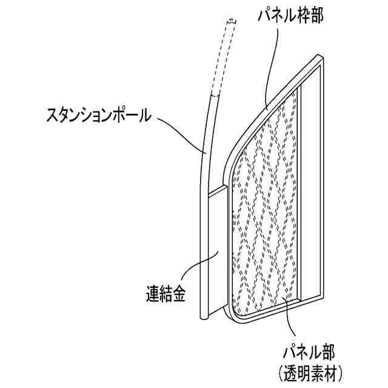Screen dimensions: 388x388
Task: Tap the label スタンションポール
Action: [x=98, y=115]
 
